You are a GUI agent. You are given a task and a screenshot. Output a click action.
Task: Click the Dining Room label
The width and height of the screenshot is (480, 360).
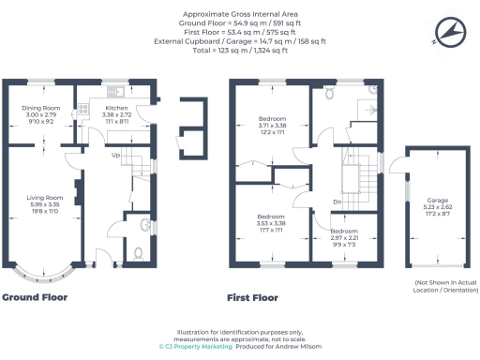[41, 109]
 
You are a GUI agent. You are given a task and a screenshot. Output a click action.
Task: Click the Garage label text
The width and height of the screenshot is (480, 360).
[436, 201]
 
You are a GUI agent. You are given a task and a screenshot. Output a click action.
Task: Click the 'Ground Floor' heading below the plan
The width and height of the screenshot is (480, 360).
[33, 298]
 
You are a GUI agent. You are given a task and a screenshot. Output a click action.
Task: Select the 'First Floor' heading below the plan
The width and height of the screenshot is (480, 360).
[253, 298]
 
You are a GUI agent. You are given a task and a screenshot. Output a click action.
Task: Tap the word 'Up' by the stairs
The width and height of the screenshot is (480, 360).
[115, 155]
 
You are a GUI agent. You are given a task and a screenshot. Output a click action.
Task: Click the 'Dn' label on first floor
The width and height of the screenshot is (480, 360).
[337, 202]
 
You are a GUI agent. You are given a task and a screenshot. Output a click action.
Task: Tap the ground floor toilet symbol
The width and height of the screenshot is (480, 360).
[138, 250]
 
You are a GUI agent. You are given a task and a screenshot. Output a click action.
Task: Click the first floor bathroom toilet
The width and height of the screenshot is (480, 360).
[328, 94]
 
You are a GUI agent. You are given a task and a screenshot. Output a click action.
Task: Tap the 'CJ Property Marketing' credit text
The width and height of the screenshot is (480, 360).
[194, 345]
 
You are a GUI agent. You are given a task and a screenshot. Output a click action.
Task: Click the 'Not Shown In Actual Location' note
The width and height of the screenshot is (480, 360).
[440, 286]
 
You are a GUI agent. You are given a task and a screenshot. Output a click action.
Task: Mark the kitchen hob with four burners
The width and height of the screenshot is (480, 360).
[82, 110]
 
